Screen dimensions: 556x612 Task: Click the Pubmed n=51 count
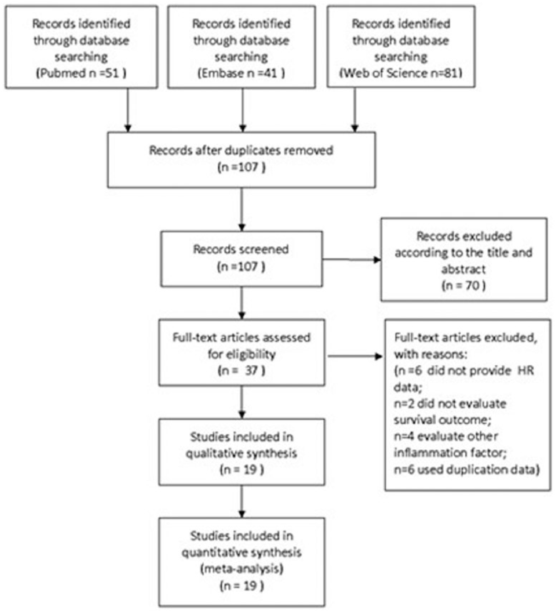click(81, 74)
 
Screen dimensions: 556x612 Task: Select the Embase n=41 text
click(241, 74)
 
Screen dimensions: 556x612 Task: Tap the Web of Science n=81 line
click(401, 73)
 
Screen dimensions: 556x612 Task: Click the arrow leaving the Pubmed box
click(128, 110)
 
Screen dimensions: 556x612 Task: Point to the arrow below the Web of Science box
click(355, 110)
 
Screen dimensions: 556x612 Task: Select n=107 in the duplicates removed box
click(241, 168)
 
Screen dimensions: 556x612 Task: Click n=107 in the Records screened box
click(241, 267)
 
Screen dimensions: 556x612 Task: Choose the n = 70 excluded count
click(464, 286)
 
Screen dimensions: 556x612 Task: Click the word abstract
click(464, 270)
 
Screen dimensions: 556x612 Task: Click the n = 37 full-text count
click(241, 371)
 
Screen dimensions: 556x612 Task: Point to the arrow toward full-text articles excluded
click(355, 356)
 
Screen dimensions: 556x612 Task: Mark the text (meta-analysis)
click(241, 569)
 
